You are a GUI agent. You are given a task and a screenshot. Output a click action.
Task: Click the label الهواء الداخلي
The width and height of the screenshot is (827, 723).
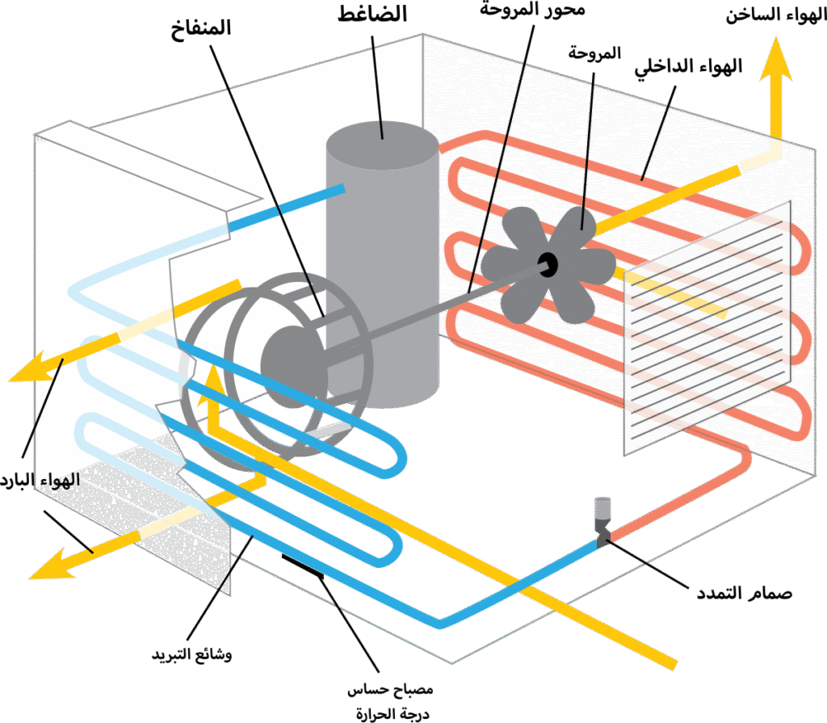click(690, 67)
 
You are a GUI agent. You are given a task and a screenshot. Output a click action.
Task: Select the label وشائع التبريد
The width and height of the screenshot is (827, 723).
click(192, 654)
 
